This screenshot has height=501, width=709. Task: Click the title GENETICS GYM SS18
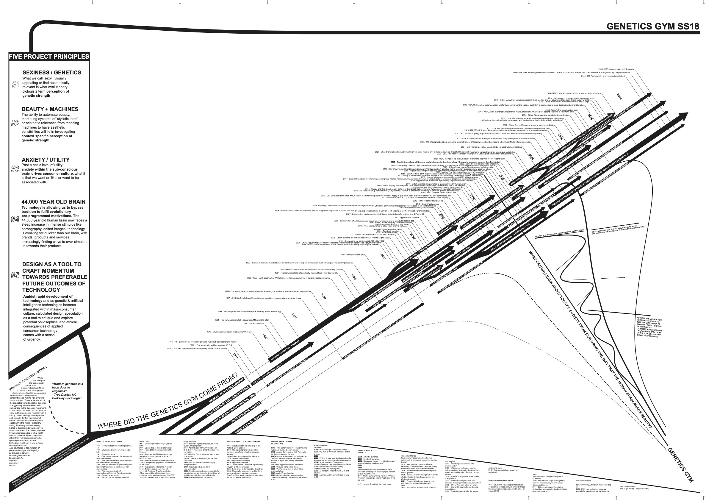[652, 26]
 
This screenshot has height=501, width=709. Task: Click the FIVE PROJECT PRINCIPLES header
[49, 57]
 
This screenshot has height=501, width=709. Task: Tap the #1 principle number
[15, 84]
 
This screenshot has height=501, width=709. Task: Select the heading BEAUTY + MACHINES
[50, 109]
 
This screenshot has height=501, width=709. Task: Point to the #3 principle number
[15, 168]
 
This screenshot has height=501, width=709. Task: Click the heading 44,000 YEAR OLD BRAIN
[54, 202]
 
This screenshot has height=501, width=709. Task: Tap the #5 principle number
[15, 275]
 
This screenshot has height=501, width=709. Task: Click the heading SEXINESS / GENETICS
[52, 73]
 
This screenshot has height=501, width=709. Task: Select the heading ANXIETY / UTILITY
[46, 160]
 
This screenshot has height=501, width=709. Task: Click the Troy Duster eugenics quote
[67, 391]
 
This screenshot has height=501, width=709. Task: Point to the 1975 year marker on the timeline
[235, 356]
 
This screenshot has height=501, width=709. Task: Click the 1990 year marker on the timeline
[323, 296]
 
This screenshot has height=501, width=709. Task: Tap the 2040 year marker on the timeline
[619, 96]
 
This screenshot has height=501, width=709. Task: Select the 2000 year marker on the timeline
[383, 256]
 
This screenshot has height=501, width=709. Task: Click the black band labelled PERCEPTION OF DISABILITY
[251, 422]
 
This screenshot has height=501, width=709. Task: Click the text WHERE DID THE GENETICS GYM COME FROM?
[168, 401]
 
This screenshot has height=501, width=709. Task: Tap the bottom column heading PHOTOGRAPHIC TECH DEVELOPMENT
[243, 442]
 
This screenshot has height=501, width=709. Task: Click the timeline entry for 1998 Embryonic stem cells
[353, 255]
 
